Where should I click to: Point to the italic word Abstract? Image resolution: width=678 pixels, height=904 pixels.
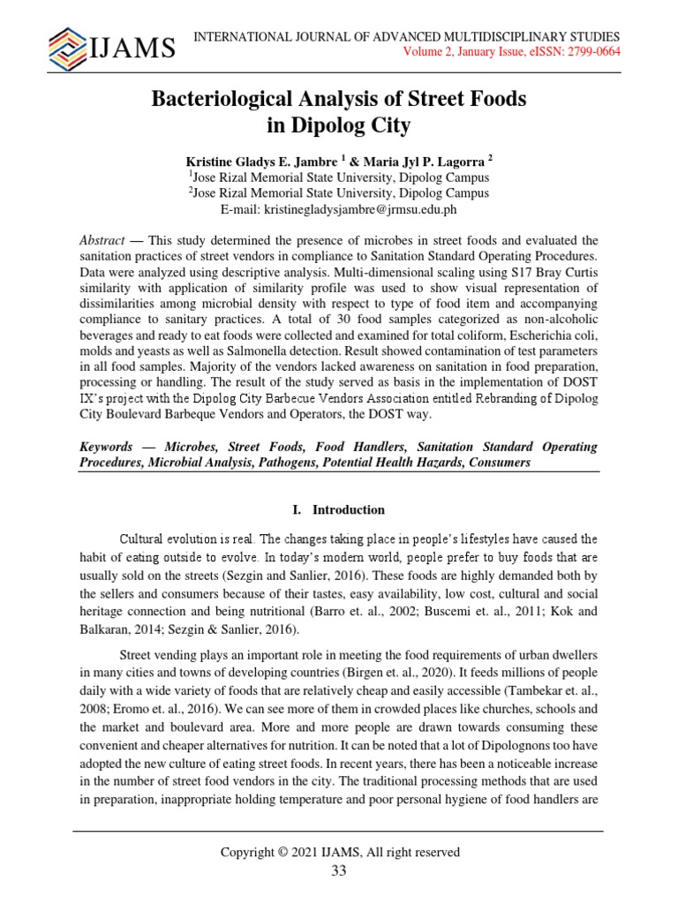(102, 241)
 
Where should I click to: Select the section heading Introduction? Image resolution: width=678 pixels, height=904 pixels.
(349, 510)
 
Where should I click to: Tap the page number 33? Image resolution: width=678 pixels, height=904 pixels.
(339, 871)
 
